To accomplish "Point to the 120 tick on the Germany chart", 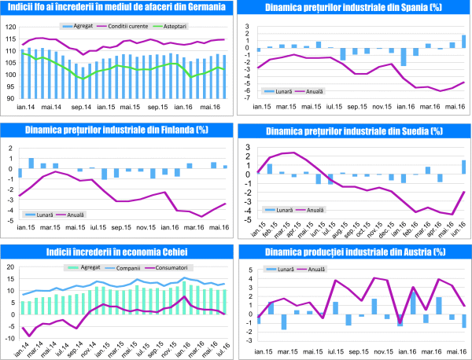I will coord(9,27).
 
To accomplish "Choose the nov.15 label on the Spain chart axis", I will coord(383,107).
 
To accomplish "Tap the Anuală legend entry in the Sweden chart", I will coord(315,210).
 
